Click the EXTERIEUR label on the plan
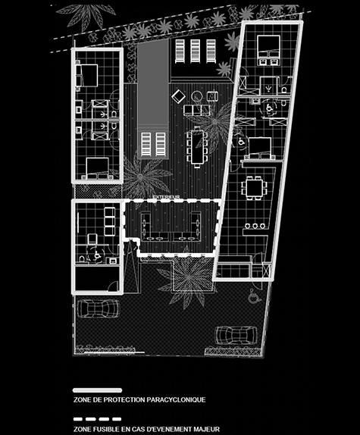(167, 197)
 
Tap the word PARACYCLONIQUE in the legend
(176, 400)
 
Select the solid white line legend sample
(97, 390)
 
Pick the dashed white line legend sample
(97, 419)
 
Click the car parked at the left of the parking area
(99, 308)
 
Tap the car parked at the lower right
(236, 335)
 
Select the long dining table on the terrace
(197, 147)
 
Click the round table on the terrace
(196, 95)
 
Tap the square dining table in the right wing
(255, 188)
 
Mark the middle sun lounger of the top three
(195, 51)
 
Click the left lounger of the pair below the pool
(146, 144)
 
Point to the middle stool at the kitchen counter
(255, 226)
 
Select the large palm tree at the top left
(83, 14)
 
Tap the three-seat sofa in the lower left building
(109, 221)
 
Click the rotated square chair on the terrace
(178, 96)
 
